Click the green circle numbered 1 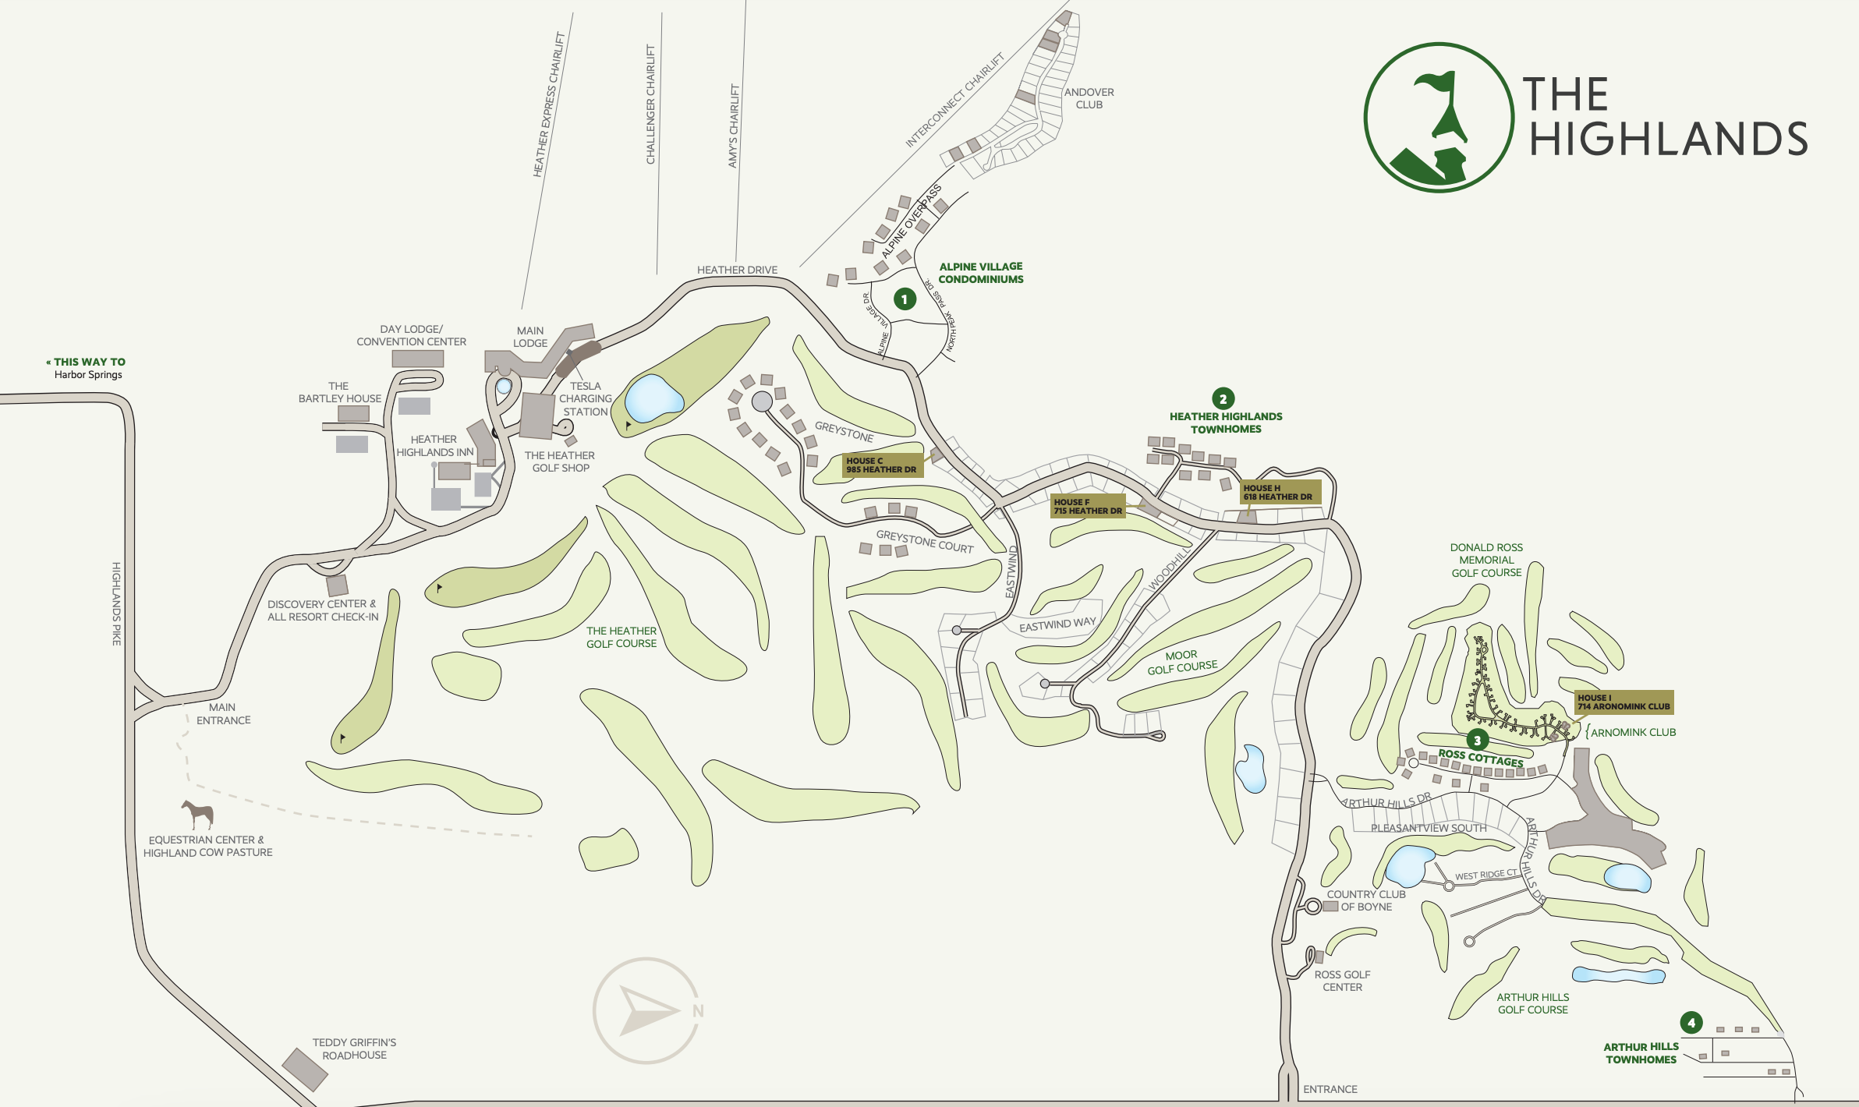click(905, 299)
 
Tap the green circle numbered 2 click(1223, 398)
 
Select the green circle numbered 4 click(1691, 1022)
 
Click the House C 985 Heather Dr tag click(882, 465)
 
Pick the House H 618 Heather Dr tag click(1279, 492)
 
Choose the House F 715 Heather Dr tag click(1088, 506)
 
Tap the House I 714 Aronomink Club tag click(1624, 702)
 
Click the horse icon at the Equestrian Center click(198, 814)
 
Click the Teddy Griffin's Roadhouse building click(305, 1069)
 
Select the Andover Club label click(1089, 98)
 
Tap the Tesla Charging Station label click(586, 398)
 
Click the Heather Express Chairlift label click(548, 104)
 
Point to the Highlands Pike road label click(116, 603)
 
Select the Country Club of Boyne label click(1366, 900)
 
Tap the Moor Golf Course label click(1181, 662)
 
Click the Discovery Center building click(337, 585)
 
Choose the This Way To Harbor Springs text click(87, 368)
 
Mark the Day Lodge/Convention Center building click(417, 359)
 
